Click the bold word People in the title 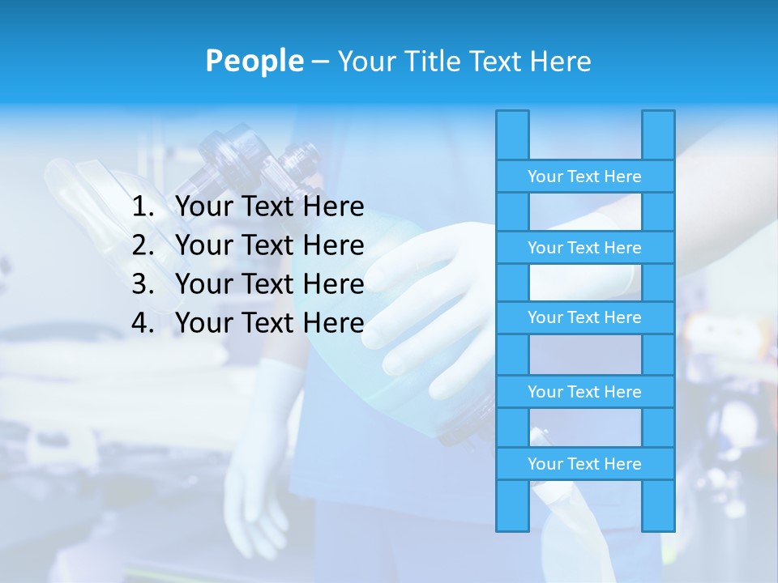coord(254,61)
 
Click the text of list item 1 coord(269,207)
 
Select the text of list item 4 coord(269,323)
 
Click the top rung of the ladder coord(584,177)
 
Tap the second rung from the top coord(584,248)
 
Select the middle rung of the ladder coord(584,318)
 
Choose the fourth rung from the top coord(584,392)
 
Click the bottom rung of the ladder coord(584,464)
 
